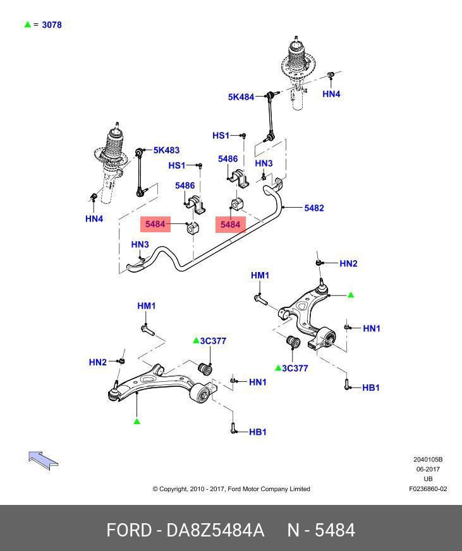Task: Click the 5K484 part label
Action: (x=241, y=97)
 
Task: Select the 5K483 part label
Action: (x=166, y=150)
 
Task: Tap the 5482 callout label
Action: (x=313, y=208)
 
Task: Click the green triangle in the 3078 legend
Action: (x=27, y=25)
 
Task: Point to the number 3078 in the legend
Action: (x=51, y=25)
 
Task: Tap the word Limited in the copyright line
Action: (x=298, y=489)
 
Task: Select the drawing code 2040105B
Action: (x=428, y=459)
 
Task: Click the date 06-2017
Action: (x=428, y=469)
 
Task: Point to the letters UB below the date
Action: (x=428, y=479)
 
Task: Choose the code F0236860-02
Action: (x=428, y=489)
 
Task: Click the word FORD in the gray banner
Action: (x=126, y=530)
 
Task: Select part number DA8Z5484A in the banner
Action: (x=215, y=530)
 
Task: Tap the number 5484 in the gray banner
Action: (x=334, y=530)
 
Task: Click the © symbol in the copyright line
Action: (x=155, y=489)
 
